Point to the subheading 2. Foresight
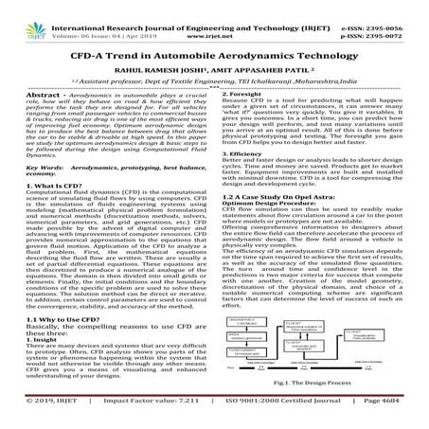247,98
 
